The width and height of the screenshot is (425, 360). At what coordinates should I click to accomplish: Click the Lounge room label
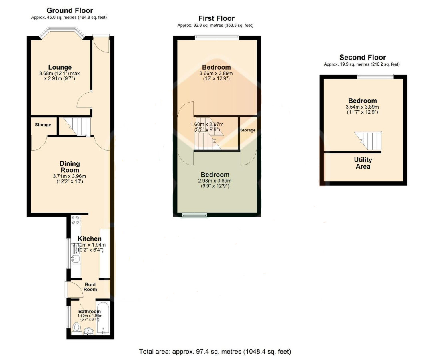[60, 67]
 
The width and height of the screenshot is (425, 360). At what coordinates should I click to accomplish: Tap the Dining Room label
[70, 167]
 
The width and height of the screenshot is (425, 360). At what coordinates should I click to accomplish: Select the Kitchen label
[90, 239]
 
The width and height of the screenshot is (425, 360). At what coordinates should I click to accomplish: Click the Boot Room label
[90, 287]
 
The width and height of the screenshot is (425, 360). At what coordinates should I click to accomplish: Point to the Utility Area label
[363, 163]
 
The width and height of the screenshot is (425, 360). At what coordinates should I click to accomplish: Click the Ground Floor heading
[70, 10]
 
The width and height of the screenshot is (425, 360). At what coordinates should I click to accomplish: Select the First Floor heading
[216, 18]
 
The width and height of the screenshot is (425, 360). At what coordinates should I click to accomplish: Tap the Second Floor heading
[363, 58]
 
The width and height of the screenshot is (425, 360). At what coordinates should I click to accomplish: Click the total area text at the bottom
[215, 352]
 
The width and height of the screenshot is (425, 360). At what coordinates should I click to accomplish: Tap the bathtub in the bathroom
[103, 318]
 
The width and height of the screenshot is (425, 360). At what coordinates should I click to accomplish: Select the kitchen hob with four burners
[76, 220]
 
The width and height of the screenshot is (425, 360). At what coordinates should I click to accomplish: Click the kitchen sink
[75, 259]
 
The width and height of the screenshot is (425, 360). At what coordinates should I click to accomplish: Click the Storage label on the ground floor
[43, 125]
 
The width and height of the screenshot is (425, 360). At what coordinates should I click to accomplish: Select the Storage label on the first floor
[248, 130]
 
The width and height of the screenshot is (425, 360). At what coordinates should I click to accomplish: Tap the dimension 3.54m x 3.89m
[362, 107]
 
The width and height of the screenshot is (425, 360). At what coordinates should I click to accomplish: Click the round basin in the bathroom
[88, 331]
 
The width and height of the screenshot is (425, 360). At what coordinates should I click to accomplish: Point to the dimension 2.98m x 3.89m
[215, 181]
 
